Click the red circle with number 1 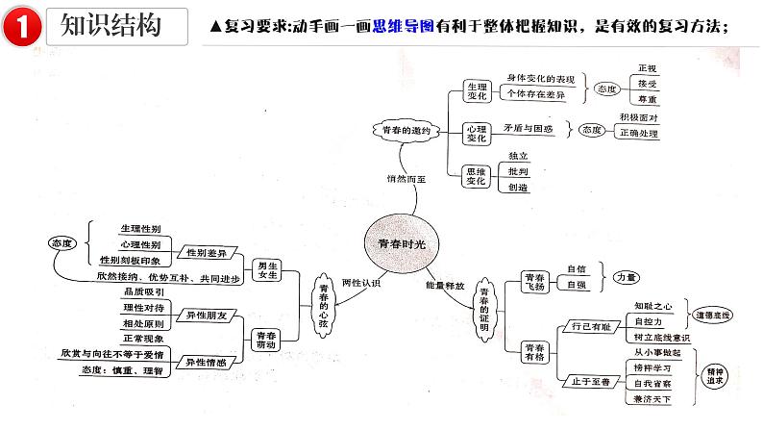pos(20,28)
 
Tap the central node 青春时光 pos(402,244)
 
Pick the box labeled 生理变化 pos(476,90)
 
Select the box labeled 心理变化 pos(476,134)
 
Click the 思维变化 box pos(476,175)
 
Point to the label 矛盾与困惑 pos(529,127)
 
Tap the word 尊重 pos(647,100)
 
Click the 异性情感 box pos(207,364)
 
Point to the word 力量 pos(626,277)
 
